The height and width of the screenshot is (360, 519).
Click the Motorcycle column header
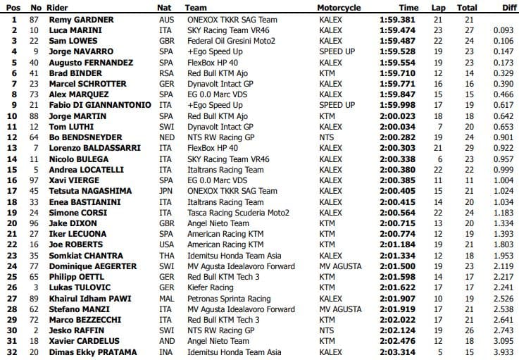click(x=339, y=8)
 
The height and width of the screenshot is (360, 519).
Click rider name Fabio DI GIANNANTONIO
click(x=99, y=104)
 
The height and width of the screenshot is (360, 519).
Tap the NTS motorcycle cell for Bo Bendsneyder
click(x=327, y=137)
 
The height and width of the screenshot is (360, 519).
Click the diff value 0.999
click(x=501, y=169)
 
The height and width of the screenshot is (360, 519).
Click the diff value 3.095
click(x=501, y=341)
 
